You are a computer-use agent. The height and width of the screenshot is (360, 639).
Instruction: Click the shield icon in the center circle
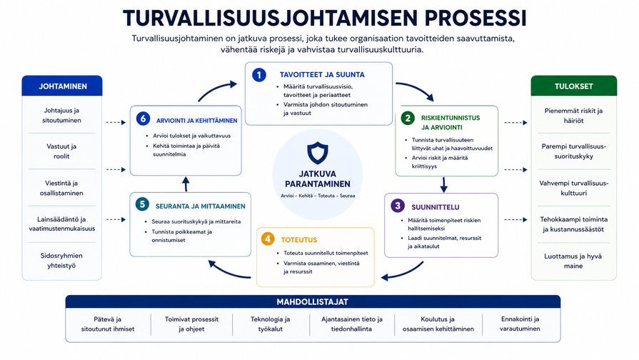(x=318, y=153)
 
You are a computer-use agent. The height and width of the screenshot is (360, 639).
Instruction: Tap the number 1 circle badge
(x=259, y=74)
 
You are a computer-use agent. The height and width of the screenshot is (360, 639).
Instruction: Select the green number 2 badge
(x=408, y=119)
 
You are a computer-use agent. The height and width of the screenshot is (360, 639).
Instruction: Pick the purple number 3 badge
(x=398, y=206)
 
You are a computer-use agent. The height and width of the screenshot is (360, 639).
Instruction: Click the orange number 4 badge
(x=268, y=239)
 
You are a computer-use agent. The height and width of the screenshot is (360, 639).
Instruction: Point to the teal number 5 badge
(x=142, y=204)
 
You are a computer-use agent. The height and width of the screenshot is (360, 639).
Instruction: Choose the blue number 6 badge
(x=143, y=119)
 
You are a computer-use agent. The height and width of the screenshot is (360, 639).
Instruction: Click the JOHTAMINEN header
(x=62, y=86)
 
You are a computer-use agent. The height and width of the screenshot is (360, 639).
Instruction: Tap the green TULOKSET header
(x=574, y=86)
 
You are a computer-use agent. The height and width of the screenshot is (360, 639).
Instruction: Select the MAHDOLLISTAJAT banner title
(x=313, y=302)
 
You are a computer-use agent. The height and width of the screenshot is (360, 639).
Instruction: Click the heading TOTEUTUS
(x=298, y=240)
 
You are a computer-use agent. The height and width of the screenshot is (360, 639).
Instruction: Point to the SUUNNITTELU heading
(x=436, y=207)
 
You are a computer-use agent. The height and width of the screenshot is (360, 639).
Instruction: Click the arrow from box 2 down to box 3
(x=444, y=184)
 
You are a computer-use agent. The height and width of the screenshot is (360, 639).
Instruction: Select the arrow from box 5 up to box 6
(x=186, y=184)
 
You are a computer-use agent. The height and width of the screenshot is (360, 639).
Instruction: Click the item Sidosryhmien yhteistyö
(x=61, y=261)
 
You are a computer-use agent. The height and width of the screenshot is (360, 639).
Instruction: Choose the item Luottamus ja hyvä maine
(x=573, y=261)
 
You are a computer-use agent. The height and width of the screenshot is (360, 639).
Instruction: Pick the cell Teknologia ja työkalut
(x=270, y=324)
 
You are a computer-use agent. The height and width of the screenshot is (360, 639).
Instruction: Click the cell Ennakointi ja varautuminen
(x=520, y=324)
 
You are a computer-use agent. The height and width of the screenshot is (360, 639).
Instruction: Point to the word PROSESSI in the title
(x=476, y=18)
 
